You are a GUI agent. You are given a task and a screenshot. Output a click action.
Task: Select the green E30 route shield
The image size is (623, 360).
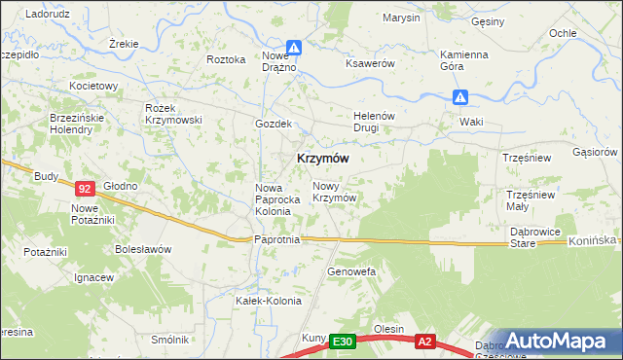[341, 342]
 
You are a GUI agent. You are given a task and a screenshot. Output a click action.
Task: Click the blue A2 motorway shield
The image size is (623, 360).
[424, 342]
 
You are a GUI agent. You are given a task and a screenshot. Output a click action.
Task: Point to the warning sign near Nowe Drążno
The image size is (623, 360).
[294, 48]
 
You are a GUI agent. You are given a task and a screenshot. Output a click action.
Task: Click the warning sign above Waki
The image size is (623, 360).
[461, 97]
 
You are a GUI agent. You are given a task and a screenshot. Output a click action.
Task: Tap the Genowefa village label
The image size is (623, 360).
[350, 271]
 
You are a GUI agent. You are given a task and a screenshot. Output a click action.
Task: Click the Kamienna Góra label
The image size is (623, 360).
[463, 60]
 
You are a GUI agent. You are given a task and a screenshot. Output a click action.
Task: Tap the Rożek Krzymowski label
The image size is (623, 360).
[172, 113]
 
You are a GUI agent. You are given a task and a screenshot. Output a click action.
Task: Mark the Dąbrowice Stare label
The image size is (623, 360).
[535, 237]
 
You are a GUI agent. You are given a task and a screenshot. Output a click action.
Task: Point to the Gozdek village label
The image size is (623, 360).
[274, 124]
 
